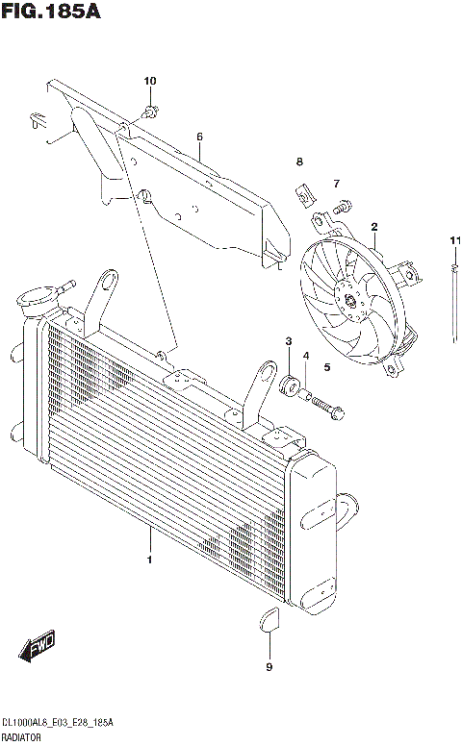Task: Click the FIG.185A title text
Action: (x=51, y=12)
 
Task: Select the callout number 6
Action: (x=199, y=137)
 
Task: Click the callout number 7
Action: (x=337, y=184)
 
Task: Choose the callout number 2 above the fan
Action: (x=373, y=227)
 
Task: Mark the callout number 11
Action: (x=452, y=239)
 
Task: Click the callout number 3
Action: (x=288, y=342)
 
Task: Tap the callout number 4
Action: (x=306, y=357)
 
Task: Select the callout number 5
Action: (x=326, y=366)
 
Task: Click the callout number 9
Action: (x=269, y=666)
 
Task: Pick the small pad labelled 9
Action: (x=269, y=621)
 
